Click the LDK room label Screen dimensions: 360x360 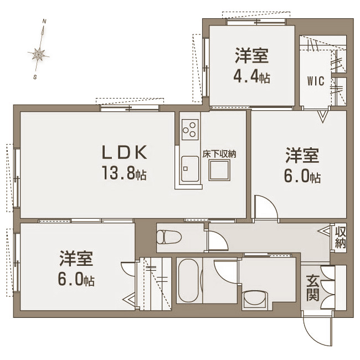point(125,152)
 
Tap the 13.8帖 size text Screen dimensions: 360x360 point(124,173)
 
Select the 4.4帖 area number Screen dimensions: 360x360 point(251,76)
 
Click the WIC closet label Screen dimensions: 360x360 point(316,81)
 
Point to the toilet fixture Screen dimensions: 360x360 point(169,237)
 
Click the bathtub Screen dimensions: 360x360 point(189,280)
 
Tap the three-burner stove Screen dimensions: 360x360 point(190,130)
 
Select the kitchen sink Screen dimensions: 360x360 point(190,169)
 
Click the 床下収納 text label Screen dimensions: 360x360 point(219,154)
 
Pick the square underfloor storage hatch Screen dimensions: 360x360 point(219,171)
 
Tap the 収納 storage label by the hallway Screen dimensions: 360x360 point(340,238)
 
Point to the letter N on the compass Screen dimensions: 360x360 point(44,22)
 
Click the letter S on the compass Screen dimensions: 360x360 point(35,77)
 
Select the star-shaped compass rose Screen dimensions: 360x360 point(38,55)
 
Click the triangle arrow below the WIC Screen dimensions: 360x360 point(322,116)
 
